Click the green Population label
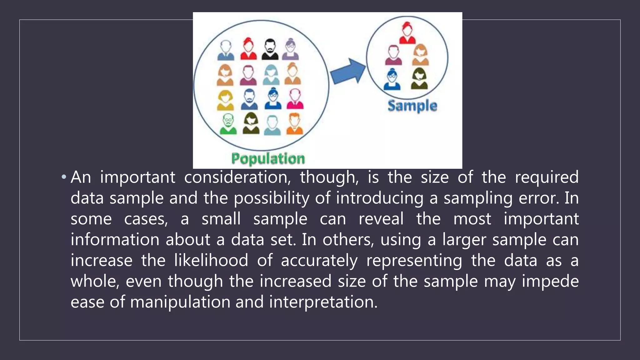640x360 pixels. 268,158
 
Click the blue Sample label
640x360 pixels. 412,106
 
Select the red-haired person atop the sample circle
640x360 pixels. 407,33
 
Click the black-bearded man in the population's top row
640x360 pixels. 270,49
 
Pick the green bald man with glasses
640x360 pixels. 228,124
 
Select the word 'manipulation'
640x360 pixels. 180,302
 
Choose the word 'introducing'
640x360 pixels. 380,198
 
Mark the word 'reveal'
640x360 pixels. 381,219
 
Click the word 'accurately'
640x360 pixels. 319,261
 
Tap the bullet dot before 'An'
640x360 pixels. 64,177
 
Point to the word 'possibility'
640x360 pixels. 272,198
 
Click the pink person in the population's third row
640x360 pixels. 295,99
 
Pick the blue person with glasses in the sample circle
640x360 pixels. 392,79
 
